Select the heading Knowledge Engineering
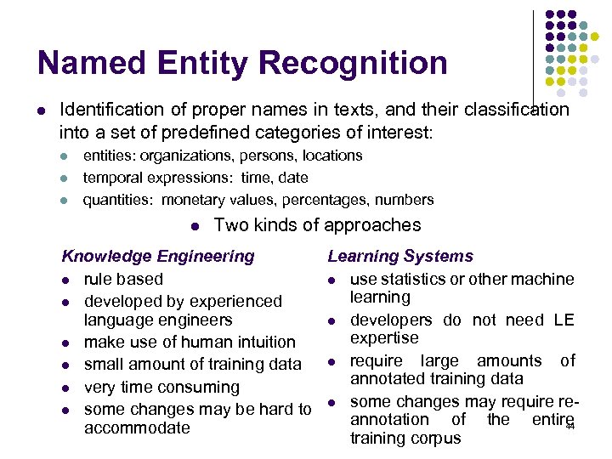click(158, 256)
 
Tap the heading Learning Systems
click(400, 256)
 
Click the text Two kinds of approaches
click(318, 225)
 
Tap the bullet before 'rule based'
click(65, 280)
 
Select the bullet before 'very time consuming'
click(65, 388)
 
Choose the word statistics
click(414, 279)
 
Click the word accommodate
click(137, 428)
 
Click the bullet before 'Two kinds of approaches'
click(195, 226)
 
